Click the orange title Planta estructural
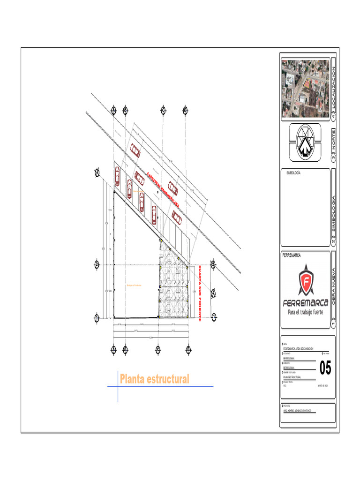click(x=155, y=379)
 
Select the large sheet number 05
click(x=325, y=368)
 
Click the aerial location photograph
click(x=305, y=88)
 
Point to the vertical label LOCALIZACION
click(x=334, y=87)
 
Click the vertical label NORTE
click(x=334, y=141)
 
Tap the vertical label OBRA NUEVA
click(x=334, y=286)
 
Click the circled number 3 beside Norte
click(x=334, y=159)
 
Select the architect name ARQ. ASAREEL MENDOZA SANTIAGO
click(x=300, y=411)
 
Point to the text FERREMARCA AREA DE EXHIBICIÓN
click(x=299, y=349)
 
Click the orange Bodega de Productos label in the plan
click(x=134, y=285)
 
